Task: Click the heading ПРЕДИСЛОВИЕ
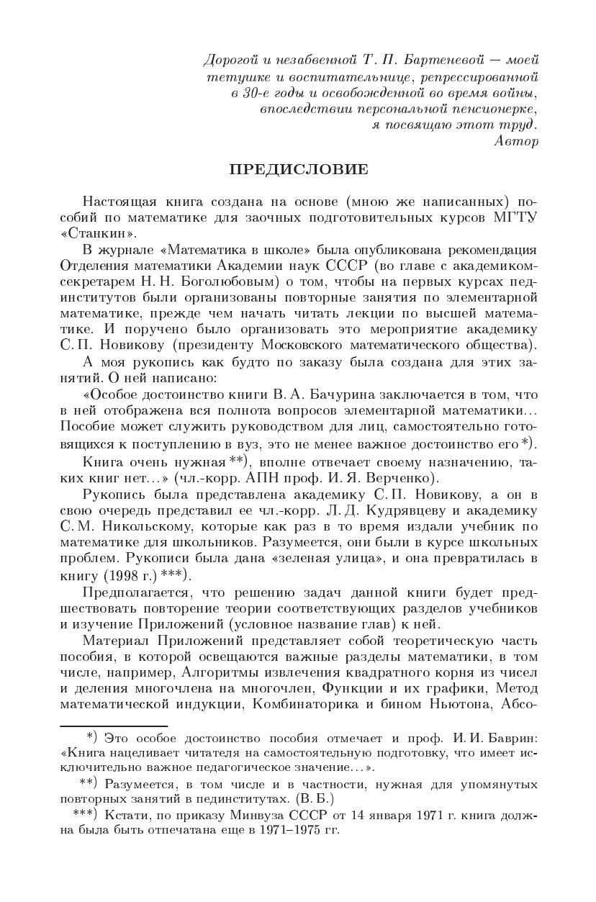(x=298, y=170)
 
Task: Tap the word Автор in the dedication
(x=516, y=141)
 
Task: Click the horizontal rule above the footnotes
(x=114, y=726)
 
